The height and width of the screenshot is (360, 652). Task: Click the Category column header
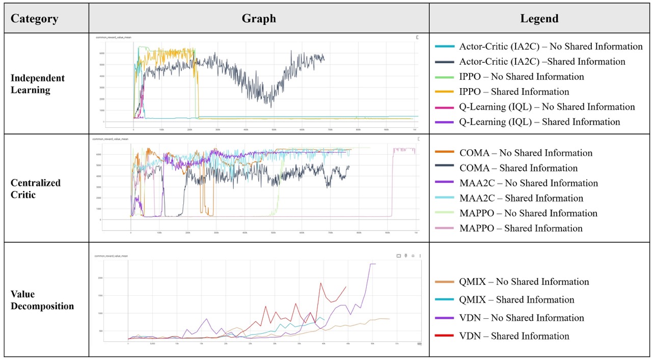point(35,19)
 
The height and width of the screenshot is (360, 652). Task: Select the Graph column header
point(259,19)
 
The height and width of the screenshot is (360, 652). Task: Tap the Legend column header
point(539,19)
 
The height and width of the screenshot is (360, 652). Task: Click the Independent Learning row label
point(38,84)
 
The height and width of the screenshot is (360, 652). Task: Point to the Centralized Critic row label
point(36,188)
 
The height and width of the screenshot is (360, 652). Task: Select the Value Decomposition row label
point(42,300)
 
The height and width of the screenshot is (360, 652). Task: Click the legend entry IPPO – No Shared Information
point(521,77)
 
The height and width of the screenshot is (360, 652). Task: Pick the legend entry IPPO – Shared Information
point(514,92)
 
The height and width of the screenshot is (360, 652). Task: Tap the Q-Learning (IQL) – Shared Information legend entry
point(539,122)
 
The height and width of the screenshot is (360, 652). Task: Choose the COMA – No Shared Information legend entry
point(526,153)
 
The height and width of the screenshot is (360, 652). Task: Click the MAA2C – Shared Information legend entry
point(521,198)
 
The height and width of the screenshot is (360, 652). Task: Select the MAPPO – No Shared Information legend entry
point(528,213)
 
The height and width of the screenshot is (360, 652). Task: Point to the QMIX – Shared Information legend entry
point(517,300)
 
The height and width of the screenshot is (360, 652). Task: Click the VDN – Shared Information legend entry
point(514,336)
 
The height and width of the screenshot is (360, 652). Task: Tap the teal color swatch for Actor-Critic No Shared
point(445,47)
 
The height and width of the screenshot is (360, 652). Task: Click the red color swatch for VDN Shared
point(445,336)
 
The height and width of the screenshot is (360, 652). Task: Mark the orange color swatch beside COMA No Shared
point(445,153)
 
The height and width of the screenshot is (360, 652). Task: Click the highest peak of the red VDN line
point(320,283)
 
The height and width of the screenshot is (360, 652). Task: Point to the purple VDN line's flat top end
point(373,264)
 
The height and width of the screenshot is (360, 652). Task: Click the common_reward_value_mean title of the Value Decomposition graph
point(111,256)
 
